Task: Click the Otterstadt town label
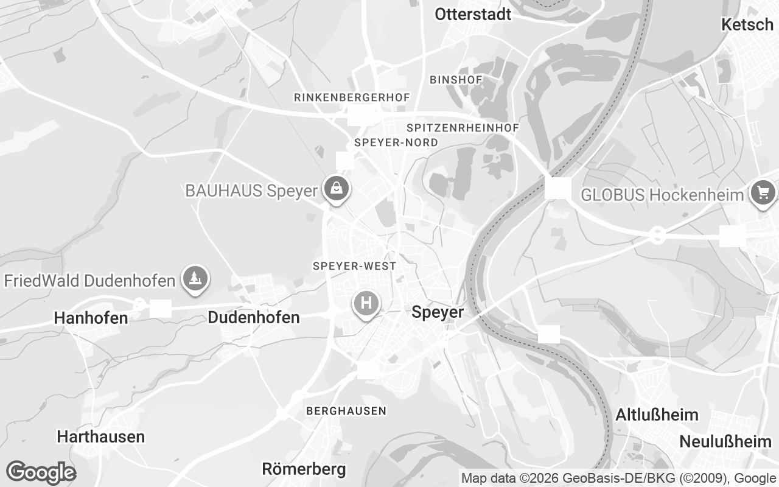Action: coord(473,15)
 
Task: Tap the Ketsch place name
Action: coord(747,24)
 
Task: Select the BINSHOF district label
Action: coord(456,80)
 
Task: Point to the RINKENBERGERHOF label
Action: coord(352,97)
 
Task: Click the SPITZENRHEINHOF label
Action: coord(463,128)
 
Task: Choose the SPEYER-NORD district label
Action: coord(396,142)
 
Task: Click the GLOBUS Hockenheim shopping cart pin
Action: coord(763,194)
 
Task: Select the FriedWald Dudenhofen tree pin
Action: coord(195,279)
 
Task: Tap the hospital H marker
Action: coord(366,303)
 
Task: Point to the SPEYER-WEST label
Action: coord(354,266)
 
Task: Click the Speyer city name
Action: coord(438,312)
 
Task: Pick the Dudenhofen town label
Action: coord(254,317)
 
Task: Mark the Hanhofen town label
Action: coord(91,318)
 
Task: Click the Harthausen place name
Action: coord(101,436)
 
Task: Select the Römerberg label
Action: coord(304,469)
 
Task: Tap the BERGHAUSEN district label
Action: coord(346,411)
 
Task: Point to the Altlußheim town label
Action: coord(657,415)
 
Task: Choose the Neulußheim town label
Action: coord(725,441)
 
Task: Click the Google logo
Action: coord(41,472)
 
